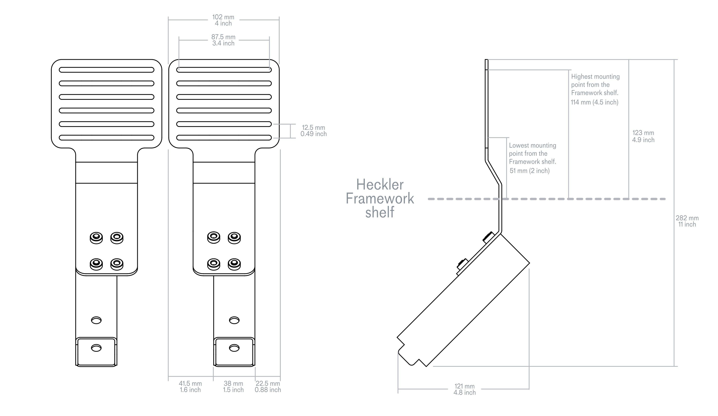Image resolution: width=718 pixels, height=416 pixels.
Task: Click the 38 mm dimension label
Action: coord(233,387)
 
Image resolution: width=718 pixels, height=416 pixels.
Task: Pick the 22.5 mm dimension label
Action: coord(268,387)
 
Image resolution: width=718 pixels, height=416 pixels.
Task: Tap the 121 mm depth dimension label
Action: coord(464,389)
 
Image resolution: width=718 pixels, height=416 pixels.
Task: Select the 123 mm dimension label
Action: coord(643,136)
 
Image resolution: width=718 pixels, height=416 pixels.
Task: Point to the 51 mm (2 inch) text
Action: coord(529,171)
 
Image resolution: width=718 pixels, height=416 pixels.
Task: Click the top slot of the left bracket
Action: coord(107,70)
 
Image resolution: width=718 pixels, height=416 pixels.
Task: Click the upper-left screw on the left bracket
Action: coord(96,237)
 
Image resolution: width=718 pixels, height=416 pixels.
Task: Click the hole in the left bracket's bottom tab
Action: coord(96,348)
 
